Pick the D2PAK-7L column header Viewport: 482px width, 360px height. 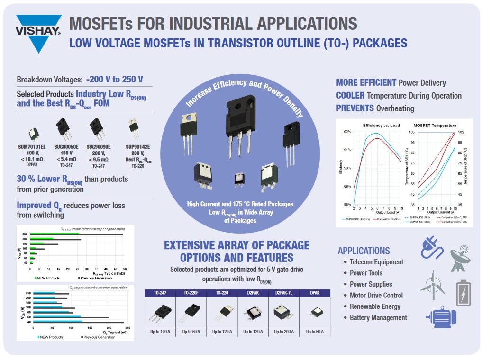(x=284, y=293)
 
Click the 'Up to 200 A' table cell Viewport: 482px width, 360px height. (x=284, y=332)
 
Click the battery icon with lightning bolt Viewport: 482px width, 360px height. (x=463, y=292)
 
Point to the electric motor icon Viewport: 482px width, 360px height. (x=443, y=316)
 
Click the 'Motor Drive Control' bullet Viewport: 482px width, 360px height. (x=376, y=296)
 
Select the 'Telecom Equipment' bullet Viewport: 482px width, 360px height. (x=376, y=262)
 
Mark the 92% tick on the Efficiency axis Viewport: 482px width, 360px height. (x=347, y=132)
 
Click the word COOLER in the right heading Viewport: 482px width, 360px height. (x=350, y=95)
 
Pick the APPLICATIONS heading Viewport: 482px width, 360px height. (x=364, y=251)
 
